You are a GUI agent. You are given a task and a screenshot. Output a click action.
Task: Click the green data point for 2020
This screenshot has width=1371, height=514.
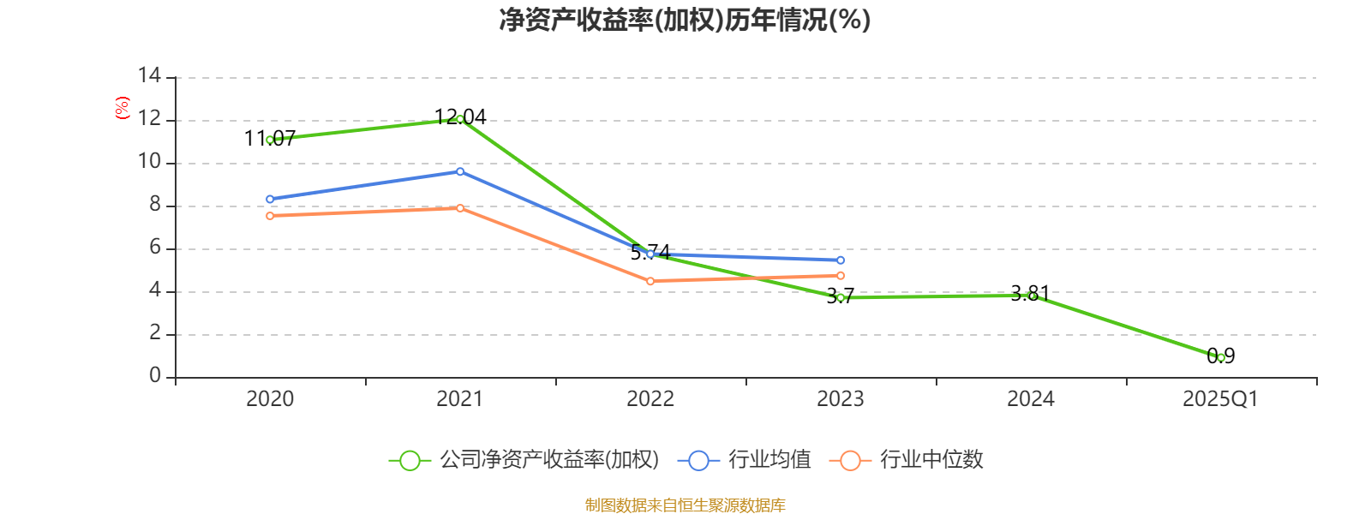click(270, 140)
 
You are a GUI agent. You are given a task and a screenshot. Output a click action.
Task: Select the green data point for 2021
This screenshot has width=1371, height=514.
click(460, 119)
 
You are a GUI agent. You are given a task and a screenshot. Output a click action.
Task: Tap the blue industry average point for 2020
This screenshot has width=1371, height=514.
click(270, 199)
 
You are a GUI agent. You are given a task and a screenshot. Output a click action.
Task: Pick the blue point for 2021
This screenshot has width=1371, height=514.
click(460, 171)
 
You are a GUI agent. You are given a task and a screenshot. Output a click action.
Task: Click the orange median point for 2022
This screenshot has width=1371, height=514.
click(650, 281)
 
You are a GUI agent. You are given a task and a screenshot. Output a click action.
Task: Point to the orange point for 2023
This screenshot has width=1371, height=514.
click(841, 276)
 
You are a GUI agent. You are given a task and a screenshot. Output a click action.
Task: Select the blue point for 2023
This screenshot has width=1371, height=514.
click(841, 260)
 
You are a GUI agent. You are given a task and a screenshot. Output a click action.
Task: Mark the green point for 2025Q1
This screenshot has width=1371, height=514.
click(1221, 357)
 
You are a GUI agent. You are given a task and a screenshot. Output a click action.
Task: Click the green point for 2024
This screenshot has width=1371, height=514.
click(1031, 296)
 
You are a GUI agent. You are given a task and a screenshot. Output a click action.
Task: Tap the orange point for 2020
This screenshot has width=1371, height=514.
click(270, 216)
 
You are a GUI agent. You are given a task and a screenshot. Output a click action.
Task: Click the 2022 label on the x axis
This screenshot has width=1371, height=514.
click(650, 399)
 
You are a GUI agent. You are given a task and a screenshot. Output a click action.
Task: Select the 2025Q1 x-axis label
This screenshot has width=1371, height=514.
click(1220, 399)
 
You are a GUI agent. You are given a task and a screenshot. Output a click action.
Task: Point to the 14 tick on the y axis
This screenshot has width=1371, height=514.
click(149, 76)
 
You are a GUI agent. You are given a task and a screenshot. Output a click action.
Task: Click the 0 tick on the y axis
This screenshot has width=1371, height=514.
click(154, 376)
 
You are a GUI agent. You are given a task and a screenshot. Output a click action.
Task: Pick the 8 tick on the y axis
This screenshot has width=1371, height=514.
click(154, 205)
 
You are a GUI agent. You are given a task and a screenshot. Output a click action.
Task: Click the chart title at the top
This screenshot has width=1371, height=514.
click(685, 20)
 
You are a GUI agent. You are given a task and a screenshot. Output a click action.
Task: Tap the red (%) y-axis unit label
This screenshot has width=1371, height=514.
click(123, 108)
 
